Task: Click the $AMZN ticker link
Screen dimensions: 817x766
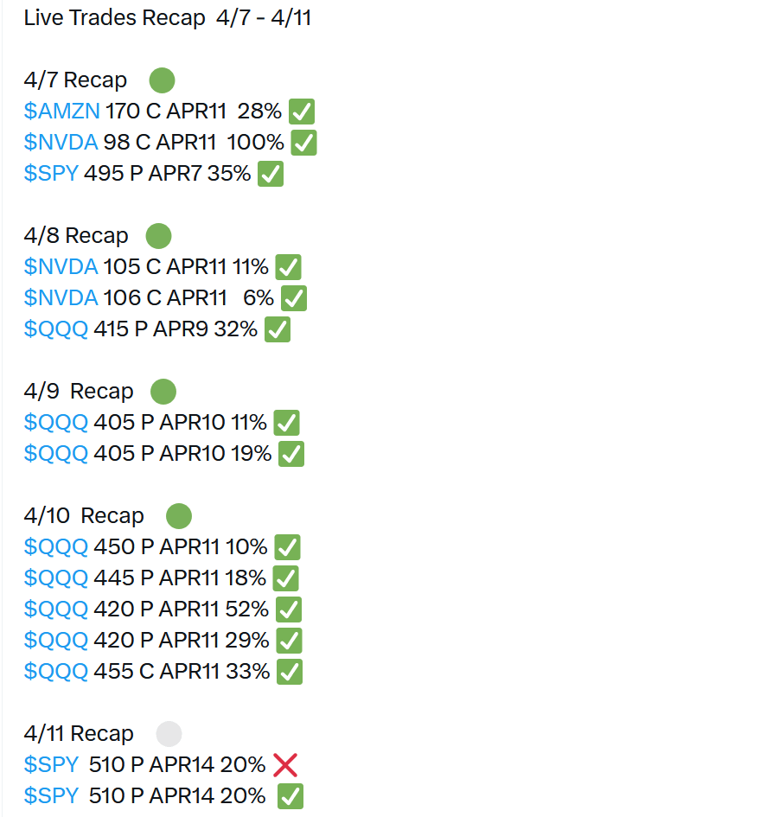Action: click(x=62, y=112)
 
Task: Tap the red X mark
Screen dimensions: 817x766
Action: click(x=285, y=765)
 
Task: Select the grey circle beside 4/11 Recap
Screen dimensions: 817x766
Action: click(x=169, y=734)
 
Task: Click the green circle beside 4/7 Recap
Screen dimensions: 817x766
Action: click(x=163, y=80)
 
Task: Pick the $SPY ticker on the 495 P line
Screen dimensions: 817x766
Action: click(x=51, y=174)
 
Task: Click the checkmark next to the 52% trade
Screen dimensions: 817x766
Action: click(x=289, y=610)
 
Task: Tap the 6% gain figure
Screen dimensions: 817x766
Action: click(x=259, y=298)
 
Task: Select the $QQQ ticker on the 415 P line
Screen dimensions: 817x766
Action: click(x=56, y=329)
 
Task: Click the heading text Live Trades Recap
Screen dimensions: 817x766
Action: click(x=114, y=18)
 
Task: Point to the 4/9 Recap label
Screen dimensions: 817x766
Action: click(x=79, y=392)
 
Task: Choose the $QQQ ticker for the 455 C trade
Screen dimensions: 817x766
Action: click(x=56, y=672)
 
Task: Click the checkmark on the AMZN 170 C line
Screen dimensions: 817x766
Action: click(x=302, y=112)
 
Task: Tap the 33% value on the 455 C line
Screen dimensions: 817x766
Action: click(x=248, y=672)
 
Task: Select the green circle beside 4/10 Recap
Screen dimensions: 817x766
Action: click(x=179, y=516)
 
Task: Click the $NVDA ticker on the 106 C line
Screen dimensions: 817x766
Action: click(x=61, y=298)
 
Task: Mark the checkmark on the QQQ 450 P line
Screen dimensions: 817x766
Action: click(x=287, y=547)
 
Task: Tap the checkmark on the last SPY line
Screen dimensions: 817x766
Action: click(x=290, y=796)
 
